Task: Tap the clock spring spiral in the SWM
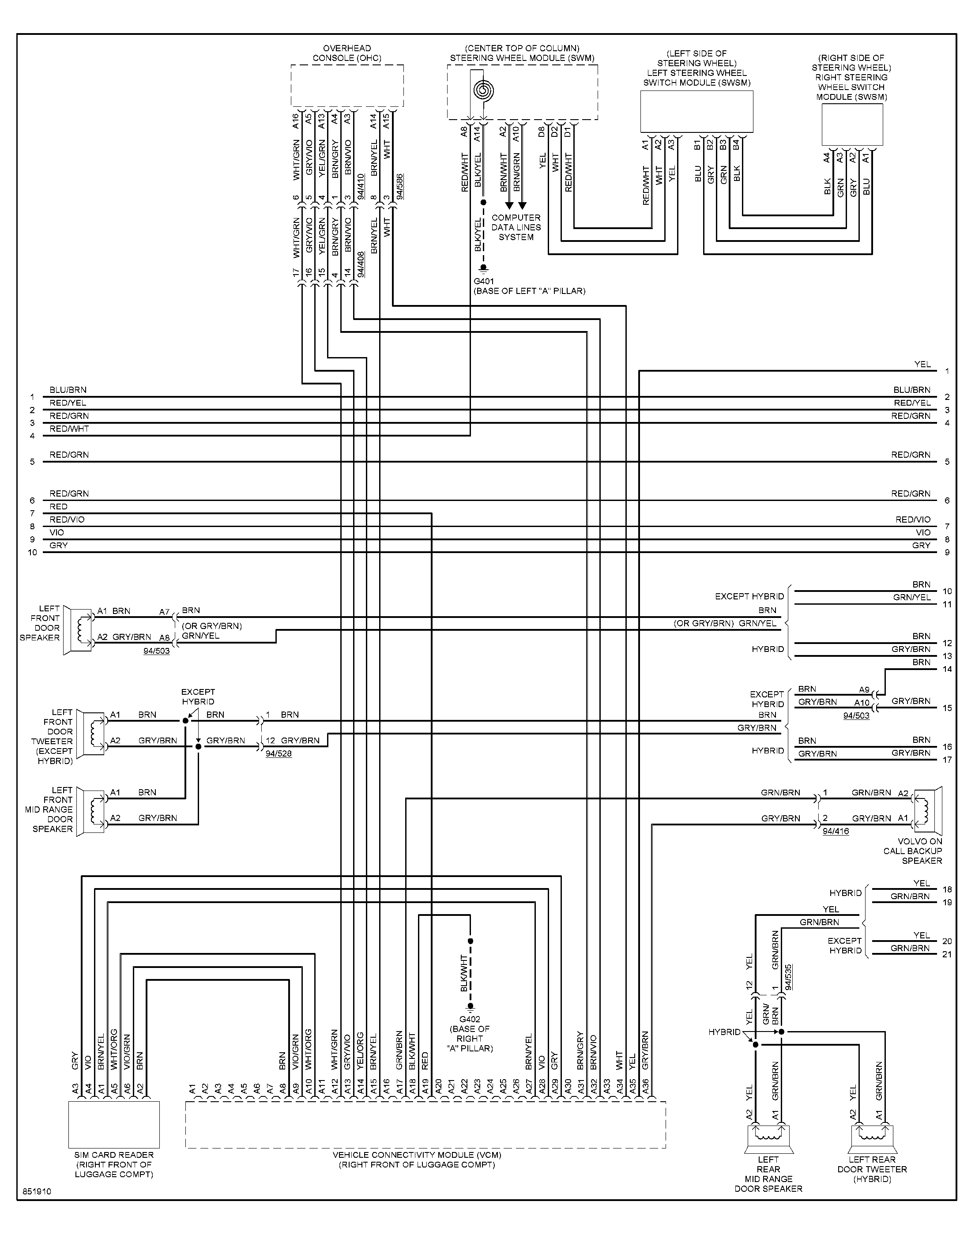pyautogui.click(x=483, y=90)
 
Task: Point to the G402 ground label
pyautogui.click(x=470, y=1019)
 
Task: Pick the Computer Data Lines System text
pyautogui.click(x=516, y=227)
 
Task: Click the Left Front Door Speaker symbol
pyautogui.click(x=78, y=629)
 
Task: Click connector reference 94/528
pyautogui.click(x=279, y=753)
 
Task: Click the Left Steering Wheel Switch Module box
pyautogui.click(x=696, y=112)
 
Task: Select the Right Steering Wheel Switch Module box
pyautogui.click(x=852, y=125)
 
